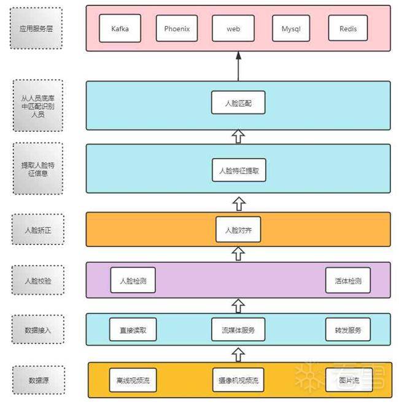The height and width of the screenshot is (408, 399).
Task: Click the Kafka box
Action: (120, 29)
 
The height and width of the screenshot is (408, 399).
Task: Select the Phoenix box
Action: (177, 29)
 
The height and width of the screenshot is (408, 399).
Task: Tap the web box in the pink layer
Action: (233, 29)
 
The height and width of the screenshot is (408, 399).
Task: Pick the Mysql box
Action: (291, 29)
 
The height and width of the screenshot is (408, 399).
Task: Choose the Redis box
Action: (347, 29)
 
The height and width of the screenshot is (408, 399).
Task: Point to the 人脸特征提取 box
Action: (239, 171)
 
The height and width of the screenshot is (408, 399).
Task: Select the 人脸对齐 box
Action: (238, 230)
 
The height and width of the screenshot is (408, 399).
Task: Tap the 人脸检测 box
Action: (133, 281)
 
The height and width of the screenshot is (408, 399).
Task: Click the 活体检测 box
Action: (348, 281)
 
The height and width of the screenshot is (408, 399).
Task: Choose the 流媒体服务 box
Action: (238, 330)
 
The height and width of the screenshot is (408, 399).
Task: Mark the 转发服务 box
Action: (348, 330)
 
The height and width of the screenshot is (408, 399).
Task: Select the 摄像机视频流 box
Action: (238, 380)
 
